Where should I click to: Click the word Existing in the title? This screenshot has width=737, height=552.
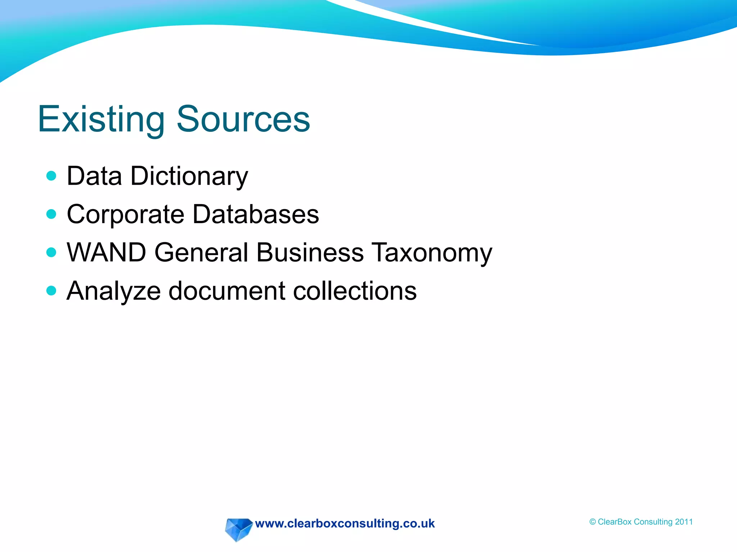pos(101,119)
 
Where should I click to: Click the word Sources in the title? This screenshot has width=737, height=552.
pos(243,119)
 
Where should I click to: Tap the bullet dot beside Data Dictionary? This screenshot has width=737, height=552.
pos(51,176)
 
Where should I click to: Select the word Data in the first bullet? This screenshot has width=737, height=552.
pos(94,176)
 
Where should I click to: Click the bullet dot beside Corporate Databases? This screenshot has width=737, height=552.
pos(51,214)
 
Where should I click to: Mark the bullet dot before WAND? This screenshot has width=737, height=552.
pos(51,252)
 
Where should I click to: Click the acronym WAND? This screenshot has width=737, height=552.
pos(107,252)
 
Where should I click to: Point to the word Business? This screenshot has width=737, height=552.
pos(310,252)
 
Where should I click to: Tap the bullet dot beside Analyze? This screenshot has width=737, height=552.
pos(51,290)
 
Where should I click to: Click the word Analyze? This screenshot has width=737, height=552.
pos(114,291)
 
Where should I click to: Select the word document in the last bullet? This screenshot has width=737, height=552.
pos(227,290)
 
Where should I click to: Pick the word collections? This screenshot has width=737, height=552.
pos(355,290)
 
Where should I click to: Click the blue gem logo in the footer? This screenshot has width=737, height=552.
pos(238,529)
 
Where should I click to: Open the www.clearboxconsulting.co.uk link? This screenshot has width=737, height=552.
pos(345,524)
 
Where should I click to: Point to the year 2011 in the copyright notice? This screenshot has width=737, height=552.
pos(684,522)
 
